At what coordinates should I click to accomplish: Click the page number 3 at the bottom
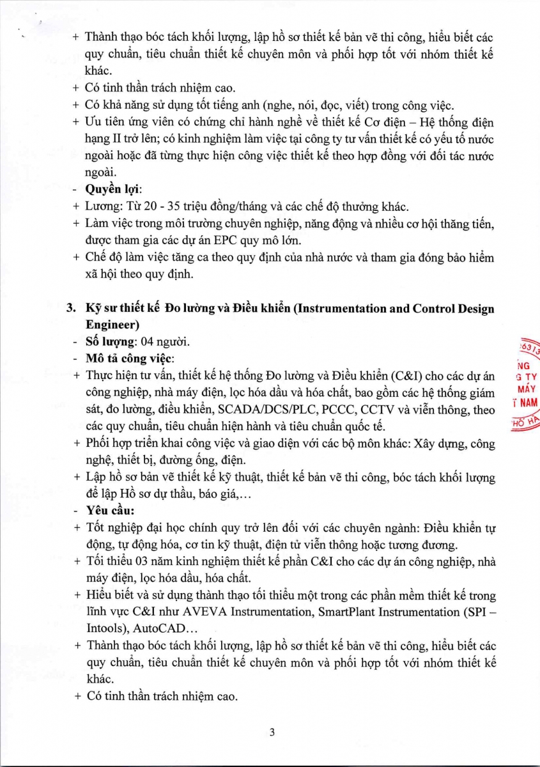coord(272,732)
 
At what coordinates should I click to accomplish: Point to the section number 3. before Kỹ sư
coord(73,309)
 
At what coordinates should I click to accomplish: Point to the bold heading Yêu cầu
coord(109,510)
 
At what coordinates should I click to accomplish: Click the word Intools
coord(105,629)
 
